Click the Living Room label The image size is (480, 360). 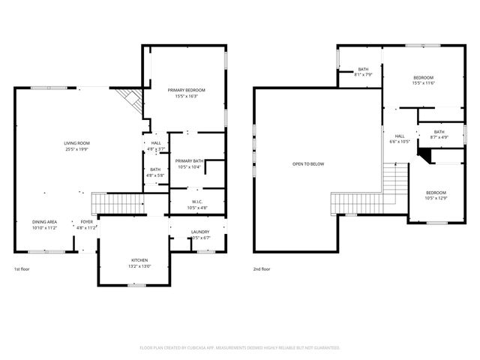76,145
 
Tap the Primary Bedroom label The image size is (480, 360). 186,93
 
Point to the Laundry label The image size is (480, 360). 200,235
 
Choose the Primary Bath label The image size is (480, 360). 190,163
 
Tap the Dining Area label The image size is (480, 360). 44,225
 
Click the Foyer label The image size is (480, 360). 88,225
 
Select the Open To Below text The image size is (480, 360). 308,164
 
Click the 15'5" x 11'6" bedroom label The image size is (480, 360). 424,80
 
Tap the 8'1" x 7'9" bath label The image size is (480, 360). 363,72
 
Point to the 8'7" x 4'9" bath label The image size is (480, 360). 439,135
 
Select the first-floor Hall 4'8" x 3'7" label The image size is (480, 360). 156,145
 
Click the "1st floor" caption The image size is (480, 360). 22,268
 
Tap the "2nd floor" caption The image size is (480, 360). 262,268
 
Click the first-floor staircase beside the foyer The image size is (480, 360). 118,202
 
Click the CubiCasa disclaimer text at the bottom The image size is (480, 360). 240,348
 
